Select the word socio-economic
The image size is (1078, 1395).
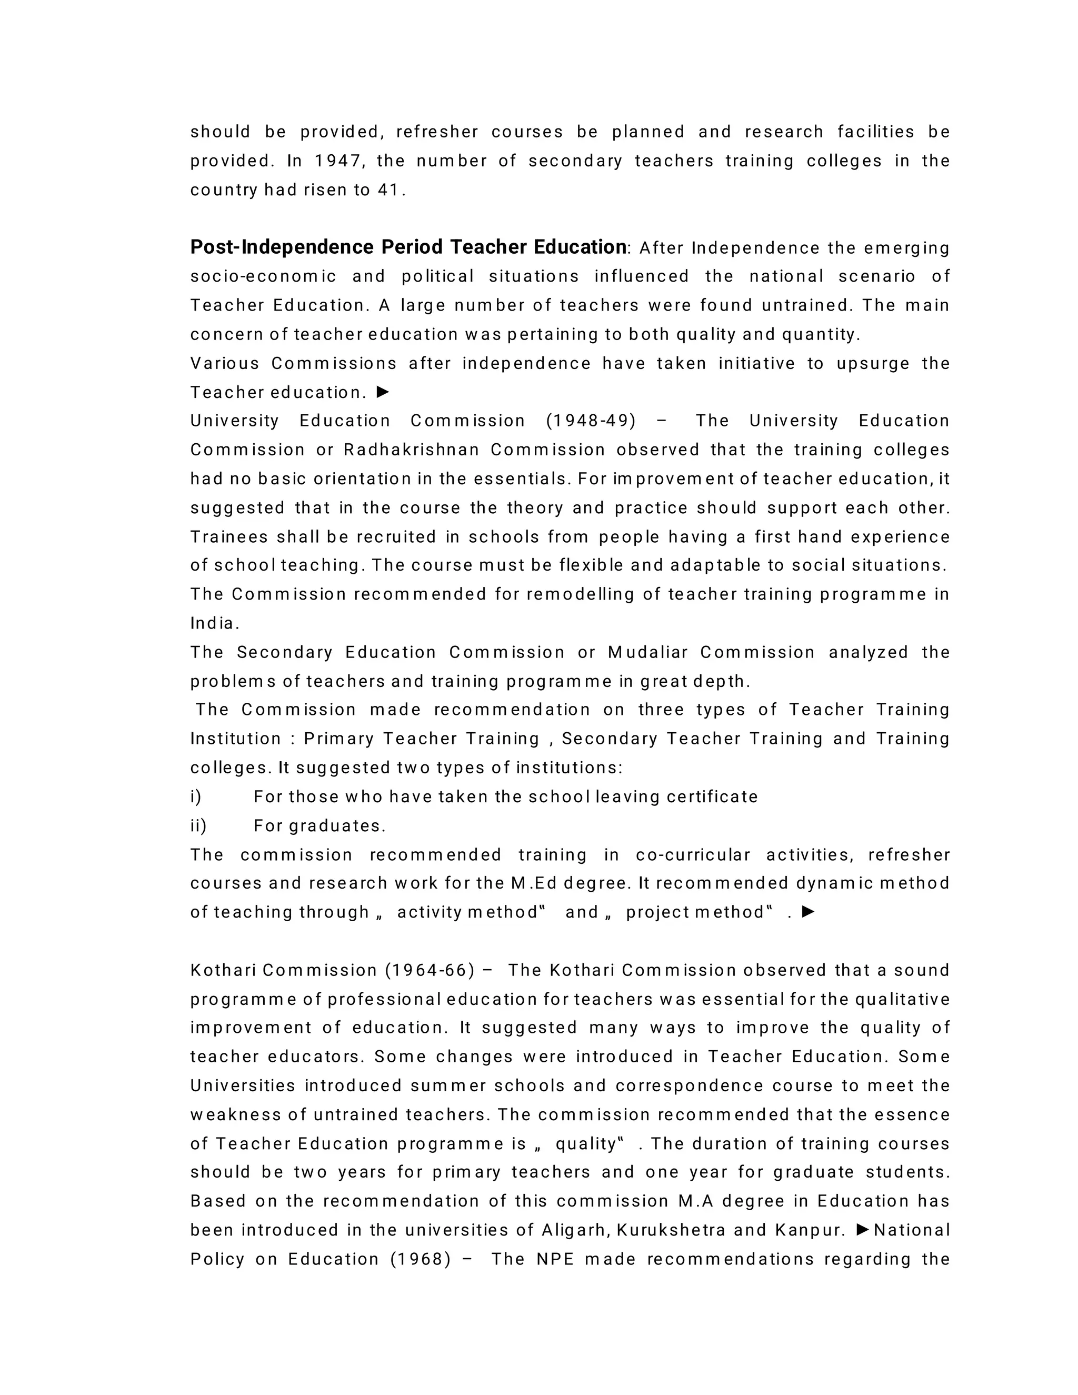(263, 276)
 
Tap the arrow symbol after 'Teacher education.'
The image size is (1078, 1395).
(383, 392)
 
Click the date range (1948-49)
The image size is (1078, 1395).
(591, 421)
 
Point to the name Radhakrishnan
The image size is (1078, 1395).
(411, 450)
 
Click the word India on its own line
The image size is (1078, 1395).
(213, 624)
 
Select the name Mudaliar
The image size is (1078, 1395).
(647, 653)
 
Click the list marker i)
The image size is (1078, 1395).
(195, 797)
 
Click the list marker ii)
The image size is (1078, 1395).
(198, 826)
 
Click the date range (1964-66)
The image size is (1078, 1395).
(430, 971)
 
